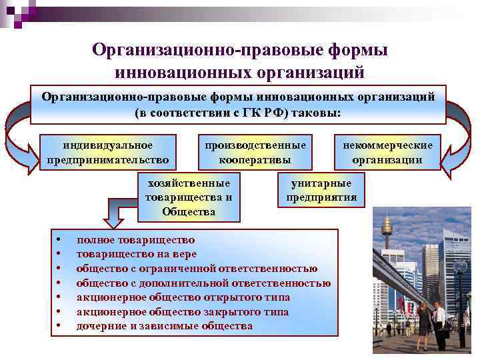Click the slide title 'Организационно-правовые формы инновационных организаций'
pyautogui.click(x=240, y=59)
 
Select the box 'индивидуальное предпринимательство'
pyautogui.click(x=108, y=152)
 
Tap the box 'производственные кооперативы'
pyautogui.click(x=256, y=152)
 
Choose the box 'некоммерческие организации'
pyautogui.click(x=387, y=152)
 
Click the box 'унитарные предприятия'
pyautogui.click(x=321, y=191)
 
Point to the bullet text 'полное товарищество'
pyautogui.click(x=135, y=239)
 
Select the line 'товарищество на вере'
pyautogui.click(x=136, y=254)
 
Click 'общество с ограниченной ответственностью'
pyautogui.click(x=197, y=269)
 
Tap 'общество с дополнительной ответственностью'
pyautogui.click(x=203, y=283)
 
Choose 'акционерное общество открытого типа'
pyautogui.click(x=183, y=297)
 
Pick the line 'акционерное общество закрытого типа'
pyautogui.click(x=182, y=311)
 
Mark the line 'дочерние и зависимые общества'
pyautogui.click(x=164, y=326)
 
